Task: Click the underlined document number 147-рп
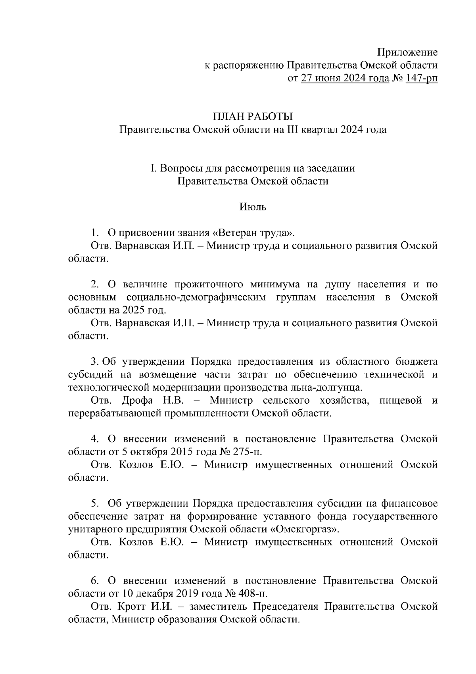(x=422, y=78)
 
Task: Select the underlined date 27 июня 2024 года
(x=345, y=78)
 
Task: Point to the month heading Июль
(x=253, y=207)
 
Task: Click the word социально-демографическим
(x=195, y=297)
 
